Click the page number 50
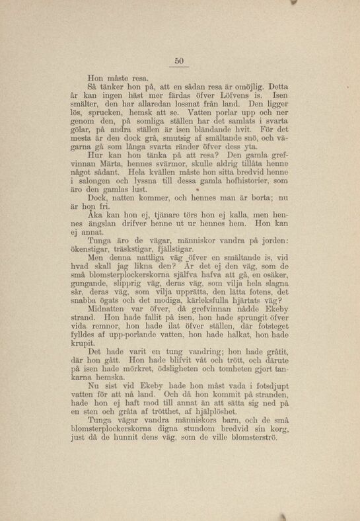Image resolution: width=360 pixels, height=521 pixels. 178,61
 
